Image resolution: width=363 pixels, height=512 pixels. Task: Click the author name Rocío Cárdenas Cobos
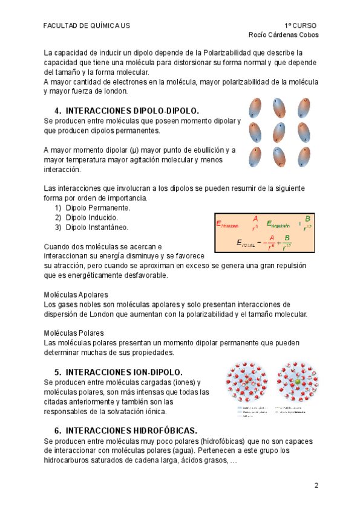point(284,34)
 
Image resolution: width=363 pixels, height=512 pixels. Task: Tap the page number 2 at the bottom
point(316,485)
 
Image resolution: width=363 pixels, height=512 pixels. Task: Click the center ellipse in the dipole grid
point(279,132)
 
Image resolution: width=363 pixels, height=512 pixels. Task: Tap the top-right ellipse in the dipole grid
point(303,108)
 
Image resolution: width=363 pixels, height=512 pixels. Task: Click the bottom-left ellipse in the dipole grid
point(255,157)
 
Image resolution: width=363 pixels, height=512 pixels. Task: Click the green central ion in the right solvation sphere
point(297,383)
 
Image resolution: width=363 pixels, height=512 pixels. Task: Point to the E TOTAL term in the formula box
point(247,243)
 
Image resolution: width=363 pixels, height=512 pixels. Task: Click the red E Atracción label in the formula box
point(227,225)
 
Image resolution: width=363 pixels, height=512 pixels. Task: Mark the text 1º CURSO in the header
point(300,25)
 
